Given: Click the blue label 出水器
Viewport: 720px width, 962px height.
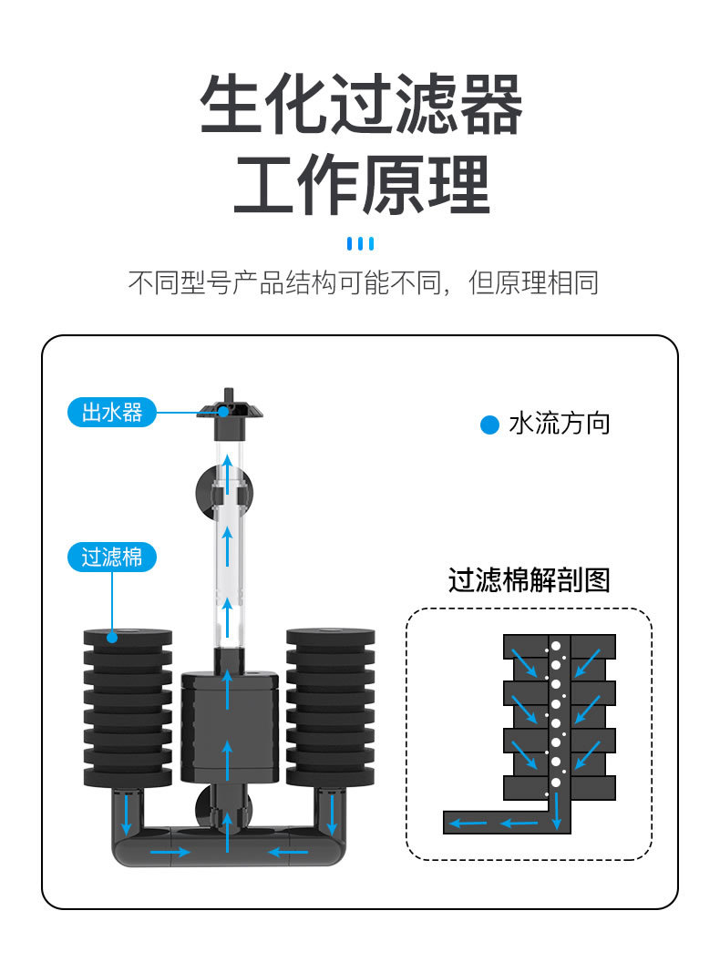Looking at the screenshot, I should tap(112, 413).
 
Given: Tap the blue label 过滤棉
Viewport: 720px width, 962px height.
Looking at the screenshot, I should tap(112, 557).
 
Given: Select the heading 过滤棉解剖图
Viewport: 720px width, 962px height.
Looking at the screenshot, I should tap(529, 580).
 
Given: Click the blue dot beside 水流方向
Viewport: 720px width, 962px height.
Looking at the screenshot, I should tap(490, 425).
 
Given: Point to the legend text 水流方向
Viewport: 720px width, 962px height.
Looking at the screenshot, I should tap(559, 424).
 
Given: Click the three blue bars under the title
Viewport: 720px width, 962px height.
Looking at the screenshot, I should tap(361, 243).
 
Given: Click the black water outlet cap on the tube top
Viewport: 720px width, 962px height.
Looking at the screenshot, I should tap(227, 406).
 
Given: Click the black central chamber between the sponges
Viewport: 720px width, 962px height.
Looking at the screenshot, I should tap(228, 724).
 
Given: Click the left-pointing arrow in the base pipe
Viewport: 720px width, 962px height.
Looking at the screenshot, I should tap(288, 853).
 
